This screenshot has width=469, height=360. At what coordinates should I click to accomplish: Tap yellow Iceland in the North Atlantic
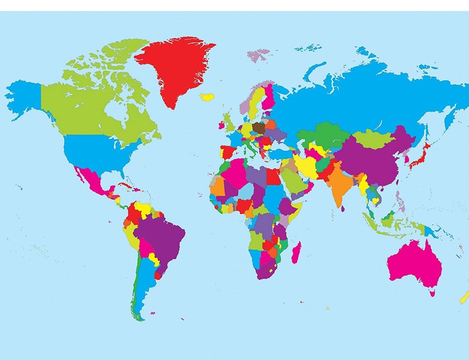pos(207,97)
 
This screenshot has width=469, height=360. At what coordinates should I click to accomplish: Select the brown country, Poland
pos(258,128)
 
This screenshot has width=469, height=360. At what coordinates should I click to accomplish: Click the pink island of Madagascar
pos(296,252)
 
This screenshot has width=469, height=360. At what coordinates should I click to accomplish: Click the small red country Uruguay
pos(158,275)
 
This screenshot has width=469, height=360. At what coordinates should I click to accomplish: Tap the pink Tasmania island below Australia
pos(432,292)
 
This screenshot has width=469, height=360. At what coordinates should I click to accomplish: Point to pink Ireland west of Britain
pos(222,125)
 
